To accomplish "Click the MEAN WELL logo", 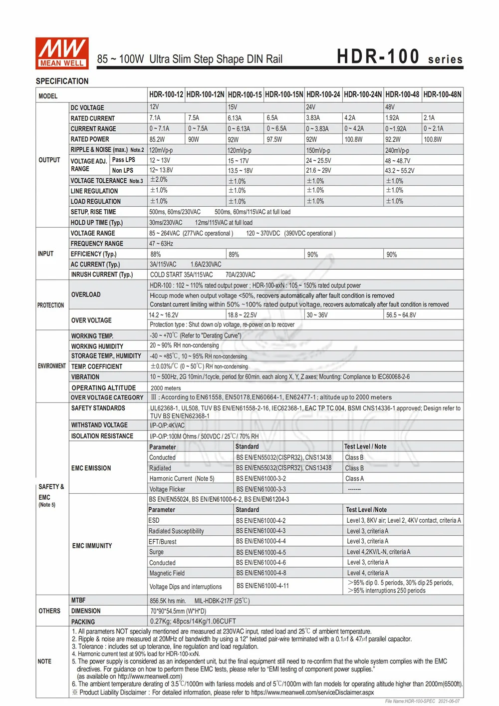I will [x=62, y=52].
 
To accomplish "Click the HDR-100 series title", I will [x=399, y=56].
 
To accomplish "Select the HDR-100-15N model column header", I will [x=284, y=94].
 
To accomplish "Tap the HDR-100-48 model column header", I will [x=402, y=94].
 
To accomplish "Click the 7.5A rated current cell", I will [x=194, y=118].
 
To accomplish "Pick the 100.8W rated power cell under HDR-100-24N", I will [x=353, y=140].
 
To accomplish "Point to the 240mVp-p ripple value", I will [x=397, y=150].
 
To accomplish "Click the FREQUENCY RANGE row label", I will [x=97, y=244].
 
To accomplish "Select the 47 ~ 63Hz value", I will [x=161, y=244].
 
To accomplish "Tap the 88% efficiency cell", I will [x=156, y=255].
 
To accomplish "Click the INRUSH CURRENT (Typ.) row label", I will [x=101, y=275].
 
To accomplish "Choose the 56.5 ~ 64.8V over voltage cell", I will [x=401, y=315].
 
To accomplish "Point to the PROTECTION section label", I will [x=51, y=305].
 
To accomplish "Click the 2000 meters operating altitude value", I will [x=166, y=388].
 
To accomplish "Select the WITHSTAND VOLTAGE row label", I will [x=99, y=425].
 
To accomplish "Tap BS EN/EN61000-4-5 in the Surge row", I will [x=261, y=552].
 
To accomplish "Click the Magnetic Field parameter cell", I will [x=167, y=573].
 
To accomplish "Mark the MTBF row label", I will [x=78, y=600].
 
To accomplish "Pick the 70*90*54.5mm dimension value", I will [x=178, y=611].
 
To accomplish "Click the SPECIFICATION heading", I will [x=62, y=81].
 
